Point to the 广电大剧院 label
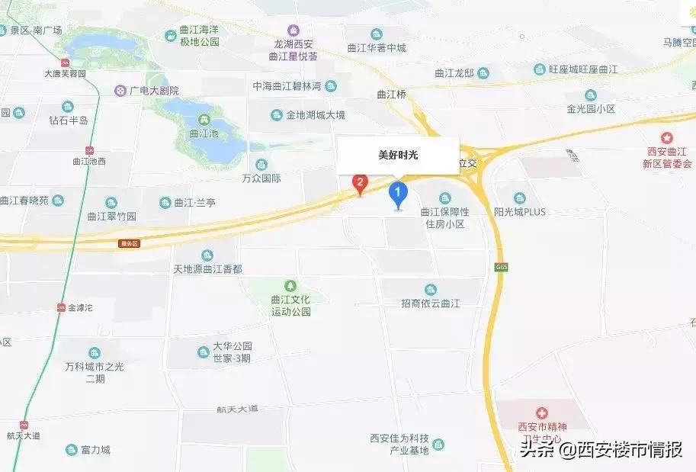pos(153,90)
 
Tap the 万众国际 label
pos(261,178)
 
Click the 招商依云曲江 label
pos(431,303)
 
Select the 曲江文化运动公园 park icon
pos(290,286)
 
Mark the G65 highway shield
pos(501,268)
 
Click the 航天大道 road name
pos(238,409)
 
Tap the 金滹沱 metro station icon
pos(62,308)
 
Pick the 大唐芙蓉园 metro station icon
pos(65,63)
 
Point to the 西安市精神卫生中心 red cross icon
pos(544,412)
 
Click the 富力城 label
pos(95,450)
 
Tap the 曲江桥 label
pos(393,95)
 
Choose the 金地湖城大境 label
pos(315,115)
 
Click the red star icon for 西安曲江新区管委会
pos(668,138)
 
